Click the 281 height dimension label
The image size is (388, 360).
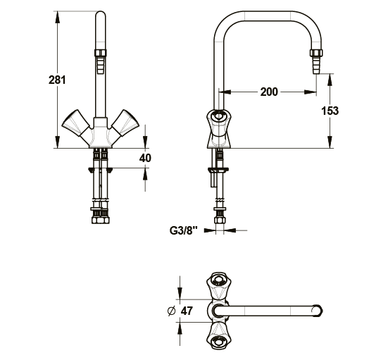coord(57,80)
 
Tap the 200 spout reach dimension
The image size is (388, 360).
coord(269,92)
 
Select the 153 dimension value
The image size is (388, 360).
coord(330,111)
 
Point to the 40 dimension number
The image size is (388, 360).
coord(145,158)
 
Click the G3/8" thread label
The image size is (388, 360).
coord(184,230)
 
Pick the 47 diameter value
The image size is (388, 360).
coord(187,311)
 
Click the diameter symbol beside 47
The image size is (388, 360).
coord(171,311)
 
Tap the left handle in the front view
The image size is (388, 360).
coord(75,123)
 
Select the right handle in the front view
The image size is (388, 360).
coord(125,123)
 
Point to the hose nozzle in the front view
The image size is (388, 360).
coord(101,61)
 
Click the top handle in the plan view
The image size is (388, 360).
coord(218,286)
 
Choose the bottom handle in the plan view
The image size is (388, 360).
coord(218,336)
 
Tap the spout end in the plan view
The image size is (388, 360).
coord(318,311)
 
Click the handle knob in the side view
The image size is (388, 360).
coord(219,116)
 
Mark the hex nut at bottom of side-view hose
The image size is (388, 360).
coord(220,220)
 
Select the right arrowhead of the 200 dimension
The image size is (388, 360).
coord(311,92)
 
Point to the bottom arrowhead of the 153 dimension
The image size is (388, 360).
coord(330,142)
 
